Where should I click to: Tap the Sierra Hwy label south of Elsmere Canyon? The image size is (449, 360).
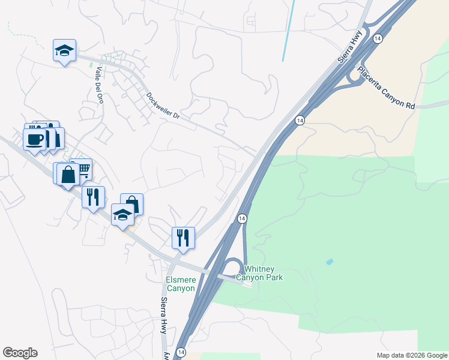pos(164,316)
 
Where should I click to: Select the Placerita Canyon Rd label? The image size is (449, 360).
pos(387,88)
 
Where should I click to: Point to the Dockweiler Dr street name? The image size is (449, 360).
pos(163,106)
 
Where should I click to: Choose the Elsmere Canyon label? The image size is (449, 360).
pos(181,284)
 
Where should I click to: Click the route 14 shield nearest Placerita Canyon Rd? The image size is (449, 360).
pos(377,38)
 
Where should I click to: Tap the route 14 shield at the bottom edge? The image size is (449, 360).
pos(181,352)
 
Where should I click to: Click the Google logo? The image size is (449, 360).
pos(20,353)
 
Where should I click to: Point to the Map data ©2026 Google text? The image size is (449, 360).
pos(412,355)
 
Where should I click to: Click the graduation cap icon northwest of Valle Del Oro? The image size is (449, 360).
pos(64,50)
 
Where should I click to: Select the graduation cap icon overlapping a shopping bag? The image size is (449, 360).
pos(122,214)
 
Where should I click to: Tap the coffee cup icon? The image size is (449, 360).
pos(34,139)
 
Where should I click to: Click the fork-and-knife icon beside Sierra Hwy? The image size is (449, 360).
pos(184,237)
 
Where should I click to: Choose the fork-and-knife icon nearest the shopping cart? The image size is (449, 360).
pos(93,196)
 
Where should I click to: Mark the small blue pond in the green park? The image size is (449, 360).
pos(329,262)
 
